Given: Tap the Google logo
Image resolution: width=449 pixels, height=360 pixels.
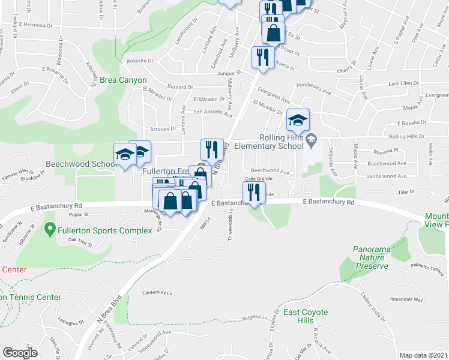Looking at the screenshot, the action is pyautogui.click(x=20, y=353).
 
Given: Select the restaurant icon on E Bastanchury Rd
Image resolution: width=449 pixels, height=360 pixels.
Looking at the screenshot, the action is pyautogui.click(x=253, y=193).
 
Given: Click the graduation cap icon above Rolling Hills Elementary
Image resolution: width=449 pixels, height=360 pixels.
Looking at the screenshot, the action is pyautogui.click(x=298, y=120).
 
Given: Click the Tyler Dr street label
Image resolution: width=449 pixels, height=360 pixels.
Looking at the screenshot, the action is pyautogui.click(x=407, y=192).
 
